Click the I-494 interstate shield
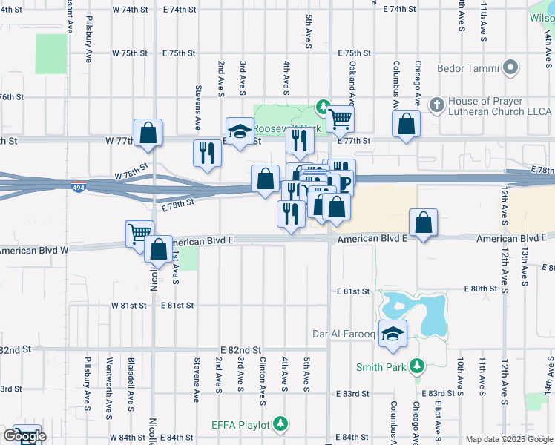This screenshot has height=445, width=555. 79,185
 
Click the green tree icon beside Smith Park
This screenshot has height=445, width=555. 417,366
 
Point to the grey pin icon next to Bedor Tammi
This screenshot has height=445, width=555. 510,69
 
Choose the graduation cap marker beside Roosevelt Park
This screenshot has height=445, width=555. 240,132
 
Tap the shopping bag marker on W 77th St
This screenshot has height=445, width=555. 148,133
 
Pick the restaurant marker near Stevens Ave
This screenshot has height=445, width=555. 207,153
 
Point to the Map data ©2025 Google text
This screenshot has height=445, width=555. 509,439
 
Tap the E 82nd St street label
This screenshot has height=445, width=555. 241,349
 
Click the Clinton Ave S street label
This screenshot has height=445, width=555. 263,371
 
